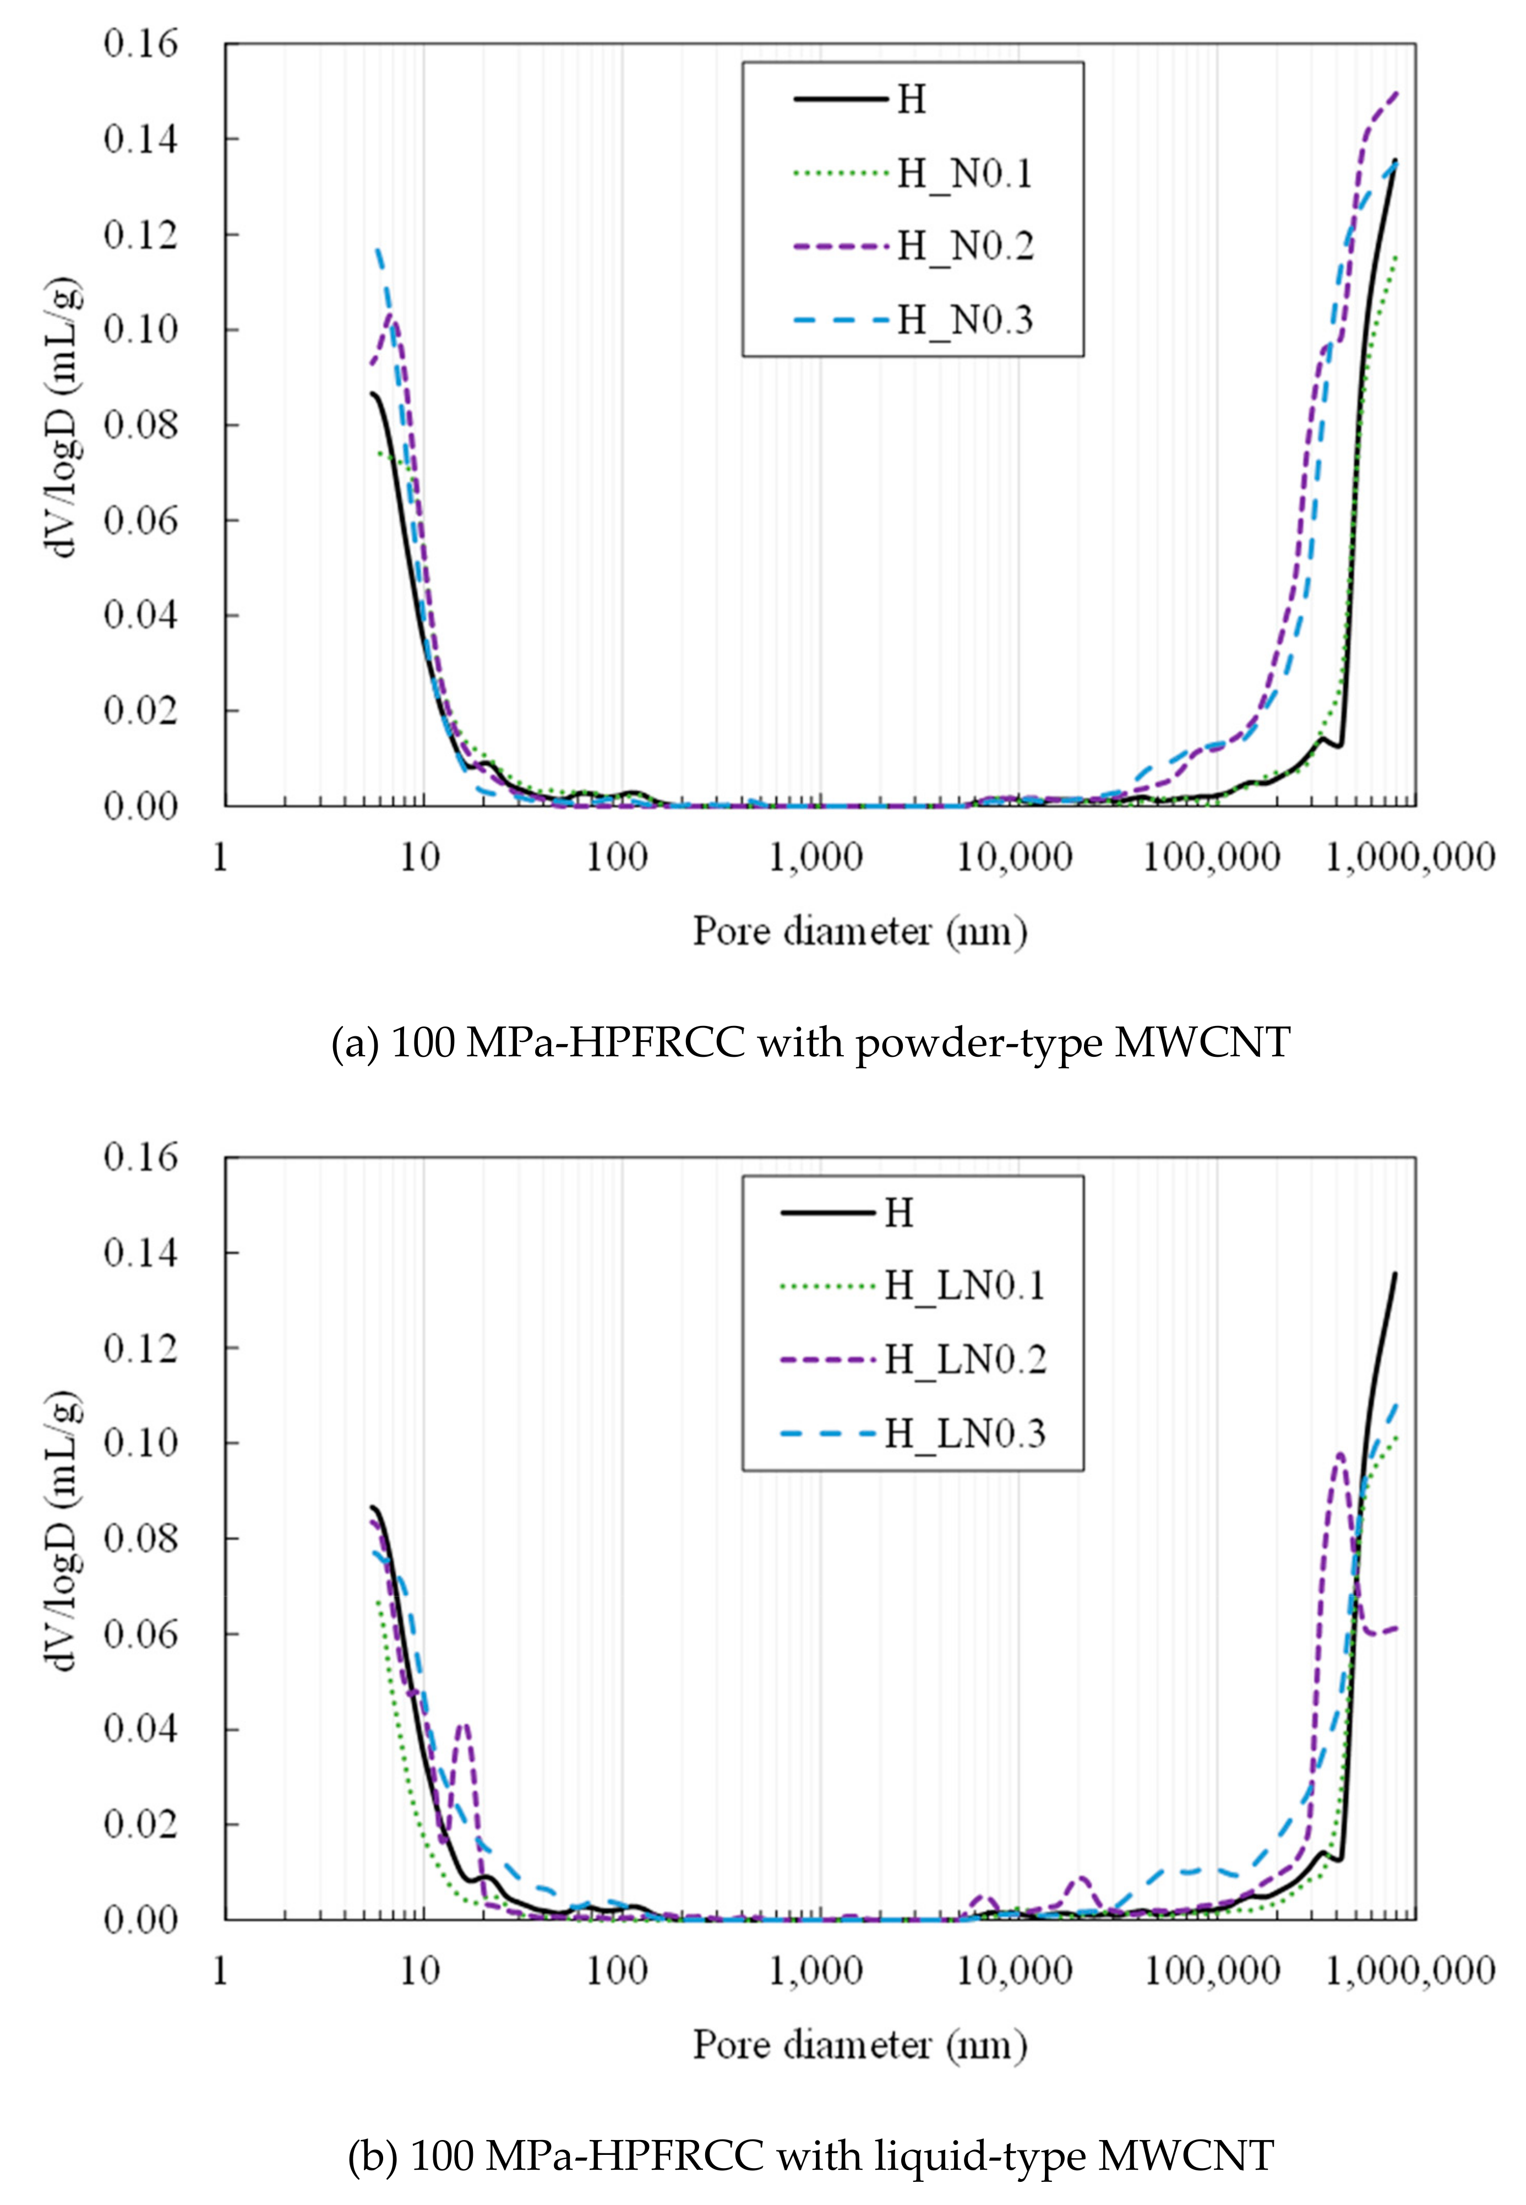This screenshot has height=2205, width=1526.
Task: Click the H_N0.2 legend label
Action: pyautogui.click(x=964, y=247)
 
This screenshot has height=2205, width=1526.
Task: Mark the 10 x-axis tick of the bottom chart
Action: pyautogui.click(x=419, y=1971)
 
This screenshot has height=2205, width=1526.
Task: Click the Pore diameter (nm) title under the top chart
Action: pyautogui.click(x=859, y=930)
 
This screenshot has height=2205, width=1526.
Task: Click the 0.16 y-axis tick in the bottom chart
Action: pyautogui.click(x=140, y=1157)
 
